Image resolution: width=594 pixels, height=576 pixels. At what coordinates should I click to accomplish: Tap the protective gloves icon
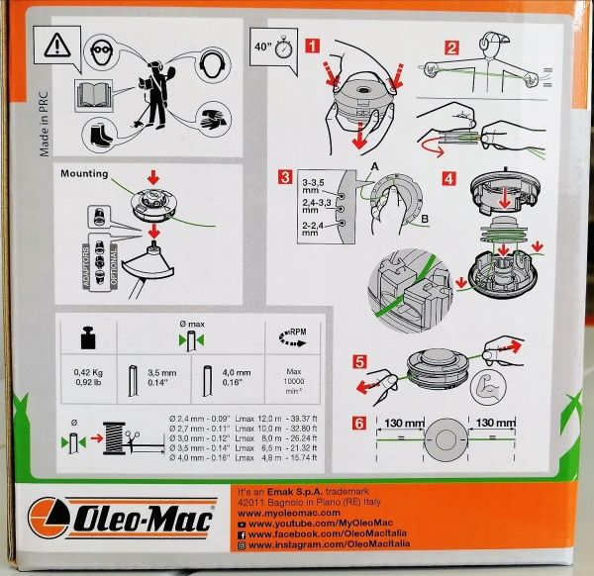click(209, 120)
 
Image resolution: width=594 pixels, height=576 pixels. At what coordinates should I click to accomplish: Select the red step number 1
click(314, 46)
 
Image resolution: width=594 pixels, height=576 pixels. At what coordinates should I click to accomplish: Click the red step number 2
click(450, 46)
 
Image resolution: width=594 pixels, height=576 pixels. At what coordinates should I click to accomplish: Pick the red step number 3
click(284, 178)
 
